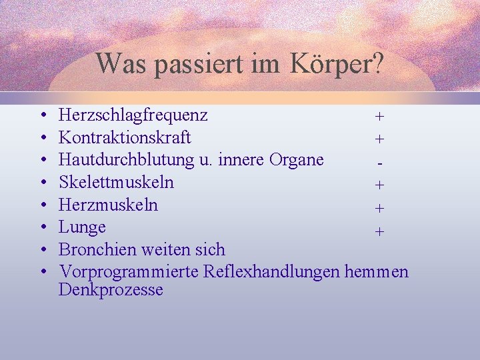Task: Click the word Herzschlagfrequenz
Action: [x=133, y=115]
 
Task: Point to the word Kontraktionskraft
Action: [x=125, y=137]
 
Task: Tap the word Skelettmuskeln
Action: [x=116, y=182]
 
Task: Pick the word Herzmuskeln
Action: [x=108, y=205]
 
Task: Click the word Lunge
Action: [x=82, y=227]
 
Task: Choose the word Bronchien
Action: [x=97, y=249]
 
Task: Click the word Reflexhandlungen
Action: [x=273, y=272]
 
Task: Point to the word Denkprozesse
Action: [x=111, y=290]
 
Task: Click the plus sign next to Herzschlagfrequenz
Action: [x=379, y=117]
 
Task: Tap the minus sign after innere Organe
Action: [x=379, y=162]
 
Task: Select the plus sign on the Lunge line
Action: [x=379, y=232]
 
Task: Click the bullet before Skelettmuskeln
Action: [x=43, y=183]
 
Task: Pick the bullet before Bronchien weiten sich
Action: [x=43, y=250]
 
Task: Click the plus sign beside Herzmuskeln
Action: [x=379, y=208]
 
